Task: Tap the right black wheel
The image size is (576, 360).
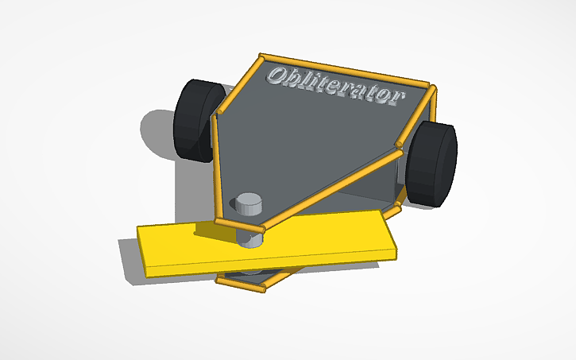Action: coord(432,164)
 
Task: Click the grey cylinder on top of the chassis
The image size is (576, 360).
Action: coord(249,203)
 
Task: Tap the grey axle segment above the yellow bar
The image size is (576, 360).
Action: coord(251,237)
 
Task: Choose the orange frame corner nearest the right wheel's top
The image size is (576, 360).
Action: coord(431,87)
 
